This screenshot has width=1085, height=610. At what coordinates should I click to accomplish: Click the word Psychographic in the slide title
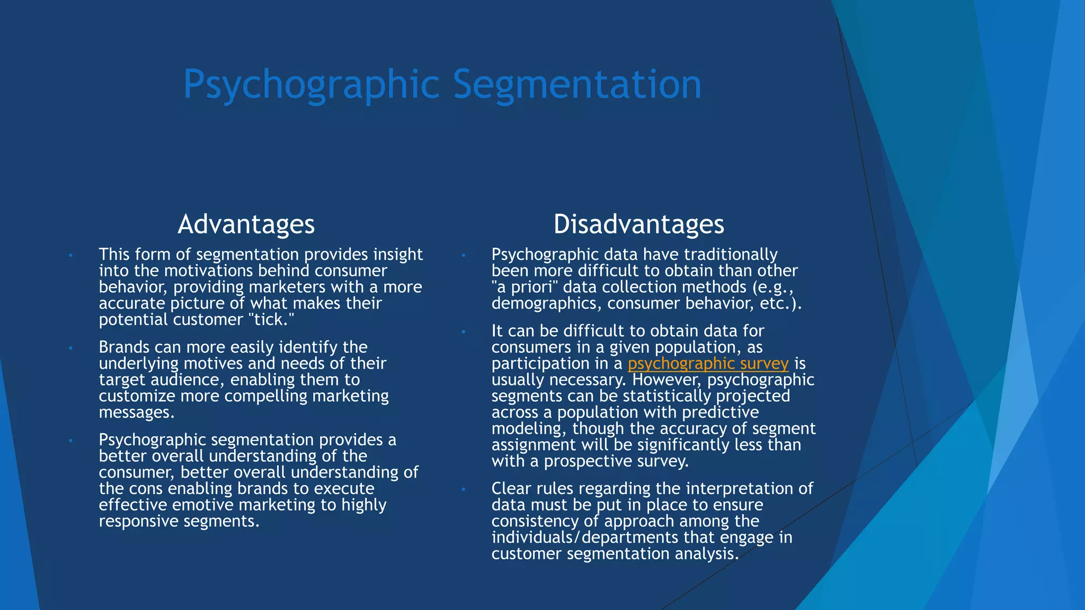point(311,85)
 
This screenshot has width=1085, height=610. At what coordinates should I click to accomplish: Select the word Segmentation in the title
point(577,85)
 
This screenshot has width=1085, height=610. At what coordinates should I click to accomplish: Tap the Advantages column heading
point(246,224)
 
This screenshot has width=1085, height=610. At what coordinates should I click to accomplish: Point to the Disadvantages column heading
point(638,224)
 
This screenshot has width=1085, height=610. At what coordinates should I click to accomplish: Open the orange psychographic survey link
point(708,364)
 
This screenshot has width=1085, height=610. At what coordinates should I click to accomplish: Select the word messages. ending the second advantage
point(137,412)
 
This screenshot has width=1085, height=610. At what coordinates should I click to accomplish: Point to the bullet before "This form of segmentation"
point(70,256)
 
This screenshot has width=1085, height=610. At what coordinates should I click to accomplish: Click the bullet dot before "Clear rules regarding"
point(463,490)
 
